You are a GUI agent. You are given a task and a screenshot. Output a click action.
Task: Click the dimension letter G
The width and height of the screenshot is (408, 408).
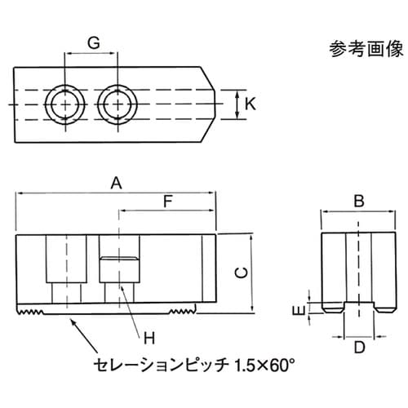(94, 42)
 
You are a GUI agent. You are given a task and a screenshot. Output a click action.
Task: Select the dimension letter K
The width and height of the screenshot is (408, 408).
(251, 104)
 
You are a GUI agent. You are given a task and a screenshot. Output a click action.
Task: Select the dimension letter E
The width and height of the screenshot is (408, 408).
(299, 310)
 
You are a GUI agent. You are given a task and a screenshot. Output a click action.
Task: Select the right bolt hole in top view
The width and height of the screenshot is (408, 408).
(115, 104)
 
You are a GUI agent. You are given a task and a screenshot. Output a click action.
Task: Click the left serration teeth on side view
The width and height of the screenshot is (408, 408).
(33, 311)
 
